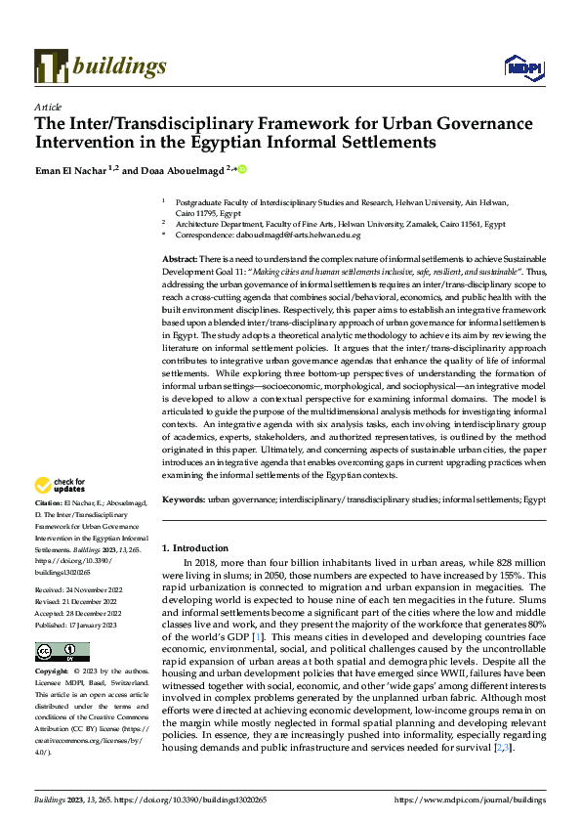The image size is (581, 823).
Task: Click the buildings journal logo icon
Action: pyautogui.click(x=50, y=65)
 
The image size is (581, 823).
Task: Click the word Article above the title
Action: pyautogui.click(x=48, y=107)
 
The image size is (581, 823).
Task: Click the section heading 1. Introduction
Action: pyautogui.click(x=194, y=548)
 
